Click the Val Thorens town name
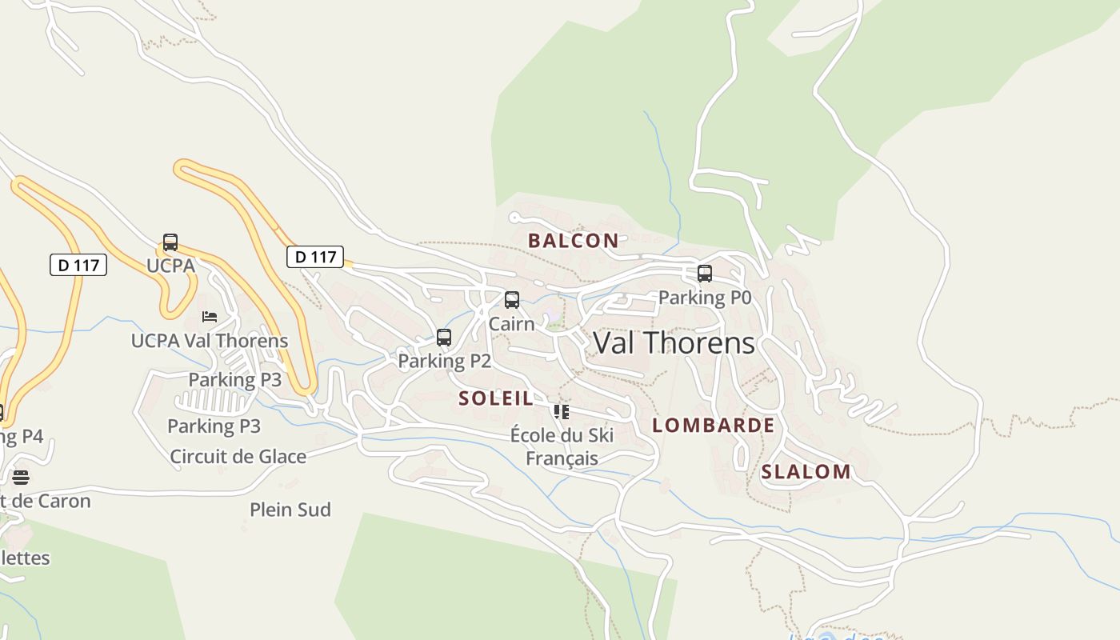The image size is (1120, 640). click(x=674, y=342)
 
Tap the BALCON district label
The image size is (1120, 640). click(x=573, y=240)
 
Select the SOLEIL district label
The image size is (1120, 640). click(x=496, y=398)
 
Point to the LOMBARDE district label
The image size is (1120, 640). click(x=713, y=425)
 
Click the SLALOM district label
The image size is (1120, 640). click(x=806, y=472)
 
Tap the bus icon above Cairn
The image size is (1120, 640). click(x=512, y=300)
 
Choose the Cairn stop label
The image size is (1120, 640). click(x=511, y=324)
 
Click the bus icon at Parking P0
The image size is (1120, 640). click(x=705, y=274)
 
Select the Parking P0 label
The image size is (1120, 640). click(x=705, y=298)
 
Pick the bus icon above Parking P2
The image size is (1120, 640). click(x=444, y=338)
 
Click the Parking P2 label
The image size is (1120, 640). click(x=444, y=361)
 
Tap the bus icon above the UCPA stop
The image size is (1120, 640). click(x=170, y=242)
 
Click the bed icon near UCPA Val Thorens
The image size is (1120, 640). click(x=210, y=317)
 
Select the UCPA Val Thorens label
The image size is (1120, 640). click(x=210, y=341)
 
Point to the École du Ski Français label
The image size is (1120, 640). click(x=562, y=446)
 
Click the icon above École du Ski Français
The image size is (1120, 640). click(x=562, y=412)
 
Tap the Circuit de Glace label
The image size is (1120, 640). click(x=238, y=457)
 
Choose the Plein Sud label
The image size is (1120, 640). click(x=290, y=510)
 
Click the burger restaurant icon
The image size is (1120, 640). click(x=21, y=478)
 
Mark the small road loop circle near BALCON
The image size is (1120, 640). click(x=514, y=218)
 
